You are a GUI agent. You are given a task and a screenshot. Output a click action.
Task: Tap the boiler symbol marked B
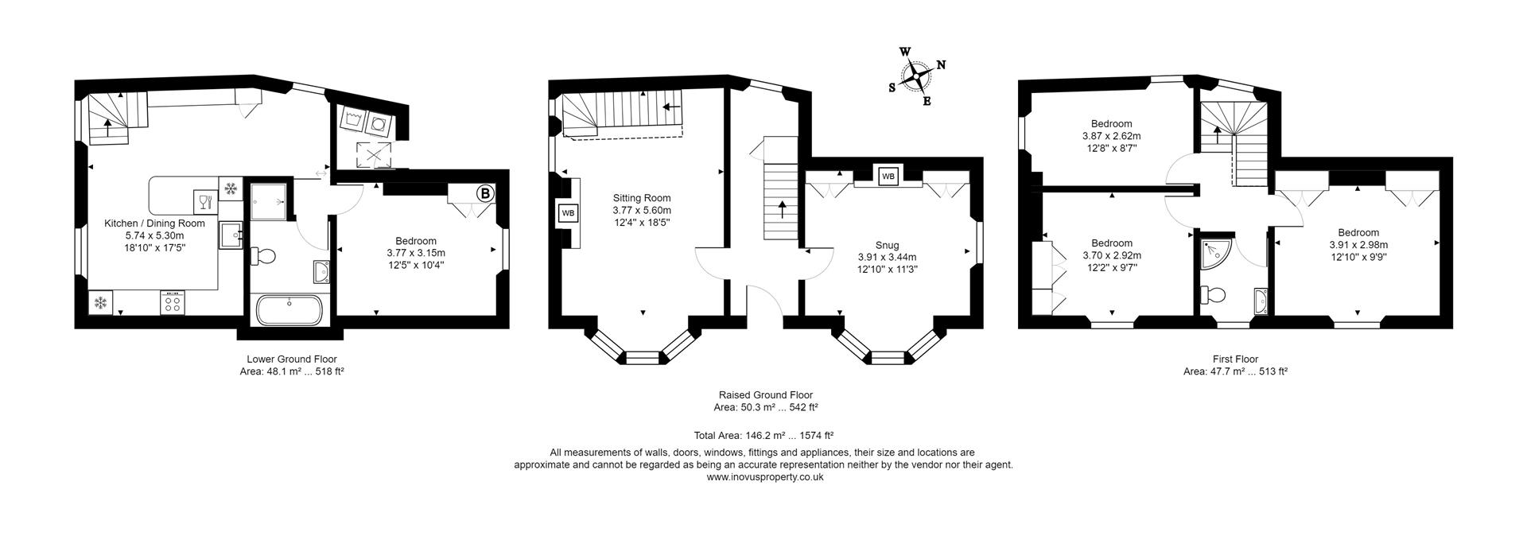click(x=484, y=193)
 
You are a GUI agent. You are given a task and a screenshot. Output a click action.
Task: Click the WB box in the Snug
click(x=888, y=176)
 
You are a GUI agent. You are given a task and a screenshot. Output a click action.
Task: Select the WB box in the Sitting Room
click(x=568, y=213)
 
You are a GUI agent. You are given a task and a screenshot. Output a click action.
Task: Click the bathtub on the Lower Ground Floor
click(x=289, y=310)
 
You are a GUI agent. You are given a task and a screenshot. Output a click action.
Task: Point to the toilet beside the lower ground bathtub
click(x=264, y=256)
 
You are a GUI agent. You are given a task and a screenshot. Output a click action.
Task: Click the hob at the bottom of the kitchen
click(x=173, y=302)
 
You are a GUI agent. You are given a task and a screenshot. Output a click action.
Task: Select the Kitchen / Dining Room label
click(x=155, y=223)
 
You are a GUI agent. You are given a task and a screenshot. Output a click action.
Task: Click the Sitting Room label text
click(x=641, y=198)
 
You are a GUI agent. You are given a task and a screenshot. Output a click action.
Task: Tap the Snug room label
click(x=887, y=245)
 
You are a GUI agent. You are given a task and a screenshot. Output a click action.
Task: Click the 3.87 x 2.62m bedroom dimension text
click(x=1111, y=136)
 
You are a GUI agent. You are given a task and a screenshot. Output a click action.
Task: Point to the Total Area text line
click(x=763, y=435)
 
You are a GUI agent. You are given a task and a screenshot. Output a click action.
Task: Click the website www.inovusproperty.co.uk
click(x=764, y=477)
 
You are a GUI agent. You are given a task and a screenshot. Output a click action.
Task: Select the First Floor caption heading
click(x=1235, y=359)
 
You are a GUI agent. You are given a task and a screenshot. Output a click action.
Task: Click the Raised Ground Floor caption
click(x=765, y=394)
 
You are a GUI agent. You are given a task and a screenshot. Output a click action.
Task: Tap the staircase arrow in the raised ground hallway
click(x=782, y=210)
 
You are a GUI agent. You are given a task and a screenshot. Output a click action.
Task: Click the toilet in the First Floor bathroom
click(x=1213, y=294)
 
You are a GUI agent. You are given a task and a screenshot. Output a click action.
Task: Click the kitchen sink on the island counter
click(x=230, y=235)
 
